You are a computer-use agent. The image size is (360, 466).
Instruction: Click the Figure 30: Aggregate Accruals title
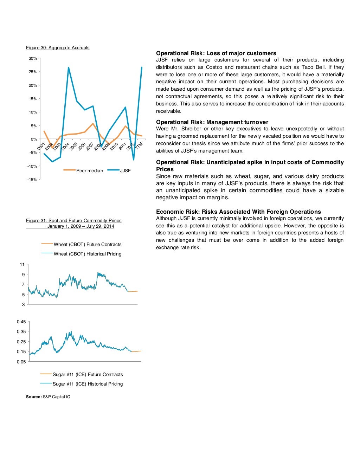[x=58, y=48]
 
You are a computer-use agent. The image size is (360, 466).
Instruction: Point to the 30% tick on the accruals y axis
[x=33, y=58]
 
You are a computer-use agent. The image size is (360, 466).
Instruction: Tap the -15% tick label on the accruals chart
[x=32, y=180]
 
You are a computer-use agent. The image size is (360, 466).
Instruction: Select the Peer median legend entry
[x=89, y=170]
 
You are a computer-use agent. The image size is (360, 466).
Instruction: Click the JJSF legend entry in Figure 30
[x=125, y=170]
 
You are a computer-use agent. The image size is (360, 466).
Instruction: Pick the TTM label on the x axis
[x=139, y=145]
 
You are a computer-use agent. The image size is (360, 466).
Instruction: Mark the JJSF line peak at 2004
[x=69, y=67]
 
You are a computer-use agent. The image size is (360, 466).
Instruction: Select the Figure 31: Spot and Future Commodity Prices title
[x=74, y=221]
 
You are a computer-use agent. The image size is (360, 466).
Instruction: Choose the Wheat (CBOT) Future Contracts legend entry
[x=87, y=244]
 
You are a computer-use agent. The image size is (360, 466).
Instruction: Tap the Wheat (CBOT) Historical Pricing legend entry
[x=87, y=254]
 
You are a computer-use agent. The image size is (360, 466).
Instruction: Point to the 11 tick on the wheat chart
[x=22, y=264]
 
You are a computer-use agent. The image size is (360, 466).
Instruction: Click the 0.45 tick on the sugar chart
[x=21, y=322]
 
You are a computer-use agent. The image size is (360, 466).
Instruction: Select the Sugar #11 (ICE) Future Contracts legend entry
[x=88, y=374]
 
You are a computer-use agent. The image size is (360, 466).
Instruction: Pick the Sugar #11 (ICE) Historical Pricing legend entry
[x=88, y=384]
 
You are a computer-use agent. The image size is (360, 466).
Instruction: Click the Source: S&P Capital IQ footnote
[x=48, y=397]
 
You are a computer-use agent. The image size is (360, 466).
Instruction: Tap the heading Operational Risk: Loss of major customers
[x=216, y=53]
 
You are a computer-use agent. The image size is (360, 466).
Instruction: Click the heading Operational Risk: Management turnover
[x=212, y=122]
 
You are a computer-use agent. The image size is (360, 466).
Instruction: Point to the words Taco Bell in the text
[x=313, y=67]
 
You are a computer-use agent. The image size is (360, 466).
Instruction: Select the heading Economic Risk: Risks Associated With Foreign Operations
[x=238, y=212]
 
